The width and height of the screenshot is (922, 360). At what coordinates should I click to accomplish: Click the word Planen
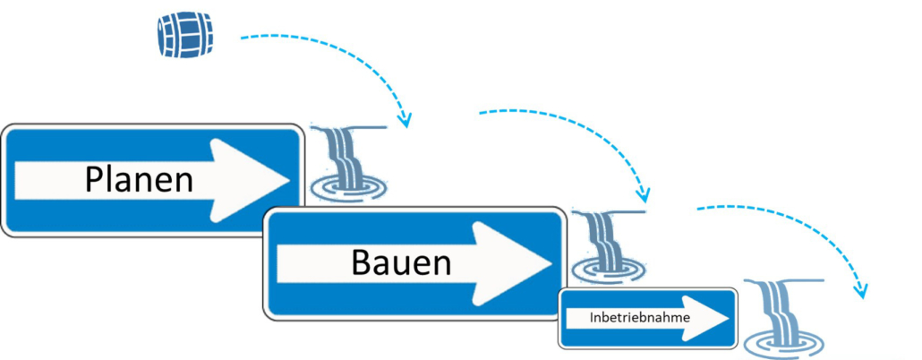pos(139,180)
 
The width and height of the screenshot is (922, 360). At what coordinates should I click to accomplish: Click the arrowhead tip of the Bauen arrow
pos(551,263)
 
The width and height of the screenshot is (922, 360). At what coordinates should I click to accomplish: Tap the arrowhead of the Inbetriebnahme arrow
pos(721,318)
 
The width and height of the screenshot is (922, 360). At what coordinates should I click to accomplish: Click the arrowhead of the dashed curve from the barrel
pos(406,123)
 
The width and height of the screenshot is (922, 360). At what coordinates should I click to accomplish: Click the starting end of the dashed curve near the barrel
pos(241,38)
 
